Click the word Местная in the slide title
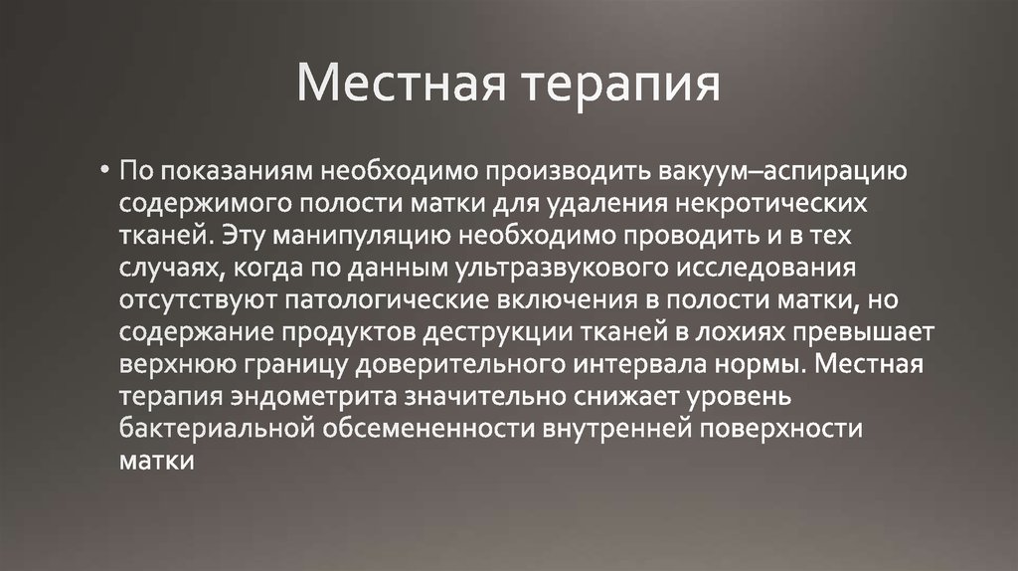point(402,86)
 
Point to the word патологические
point(395,301)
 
